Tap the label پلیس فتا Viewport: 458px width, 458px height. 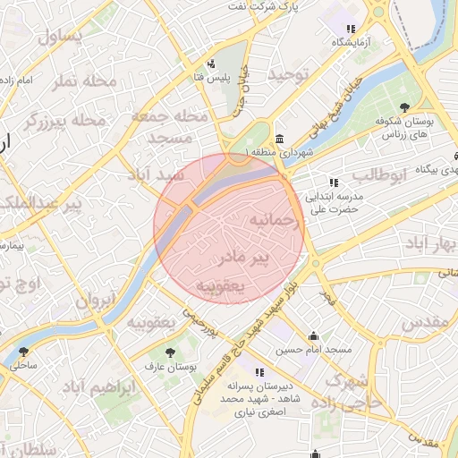[x=214, y=78]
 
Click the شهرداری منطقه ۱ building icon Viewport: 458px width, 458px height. [x=281, y=140]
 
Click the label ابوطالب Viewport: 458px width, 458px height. [x=379, y=174]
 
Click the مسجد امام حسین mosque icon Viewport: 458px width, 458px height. [x=313, y=336]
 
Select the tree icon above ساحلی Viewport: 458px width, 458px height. [x=22, y=352]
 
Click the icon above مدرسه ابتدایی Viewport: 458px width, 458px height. [x=334, y=182]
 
